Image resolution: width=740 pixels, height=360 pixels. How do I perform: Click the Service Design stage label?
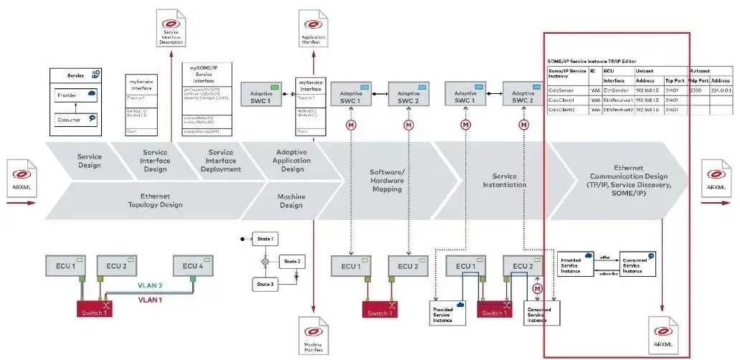pyautogui.click(x=90, y=161)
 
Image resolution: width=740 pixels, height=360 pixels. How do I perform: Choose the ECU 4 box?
pyautogui.click(x=190, y=266)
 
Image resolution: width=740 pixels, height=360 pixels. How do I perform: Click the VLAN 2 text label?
pyautogui.click(x=151, y=285)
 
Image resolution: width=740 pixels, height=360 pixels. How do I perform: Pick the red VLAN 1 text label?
pyautogui.click(x=151, y=299)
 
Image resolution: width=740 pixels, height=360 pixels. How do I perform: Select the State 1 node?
pyautogui.click(x=267, y=238)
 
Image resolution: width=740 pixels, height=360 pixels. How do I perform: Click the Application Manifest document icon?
pyautogui.click(x=313, y=29)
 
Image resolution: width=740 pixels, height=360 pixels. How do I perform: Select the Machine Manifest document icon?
pyautogui.click(x=313, y=335)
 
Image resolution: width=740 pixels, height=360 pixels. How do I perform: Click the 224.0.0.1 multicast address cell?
pyautogui.click(x=720, y=91)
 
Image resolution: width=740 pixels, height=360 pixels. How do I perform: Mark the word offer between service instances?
pyautogui.click(x=605, y=257)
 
